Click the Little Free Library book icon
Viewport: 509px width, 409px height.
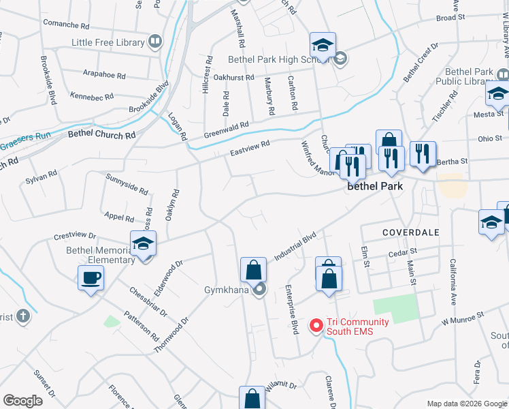pyautogui.click(x=155, y=42)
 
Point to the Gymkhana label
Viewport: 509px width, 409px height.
pyautogui.click(x=227, y=290)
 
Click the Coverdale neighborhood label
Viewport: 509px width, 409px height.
pyautogui.click(x=410, y=232)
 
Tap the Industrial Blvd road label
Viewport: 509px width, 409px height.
pyautogui.click(x=295, y=247)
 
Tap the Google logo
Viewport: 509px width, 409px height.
pyautogui.click(x=23, y=400)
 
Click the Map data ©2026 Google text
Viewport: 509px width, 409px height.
pyautogui.click(x=467, y=404)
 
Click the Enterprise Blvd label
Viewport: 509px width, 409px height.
pyautogui.click(x=293, y=308)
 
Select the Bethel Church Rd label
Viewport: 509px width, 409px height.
pyautogui.click(x=101, y=135)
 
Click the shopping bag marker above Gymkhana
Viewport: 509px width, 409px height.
pyautogui.click(x=253, y=270)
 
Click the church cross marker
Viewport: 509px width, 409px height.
pyautogui.click(x=22, y=316)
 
